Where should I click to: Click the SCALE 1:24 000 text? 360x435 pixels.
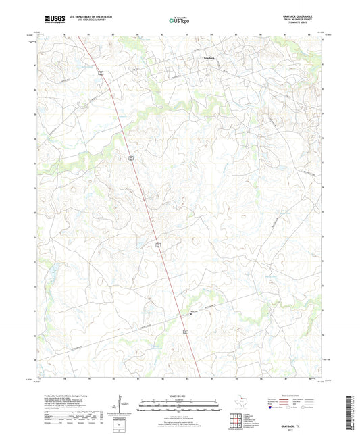[x=178, y=396]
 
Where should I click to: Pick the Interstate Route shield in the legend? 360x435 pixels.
[x=272, y=407]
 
